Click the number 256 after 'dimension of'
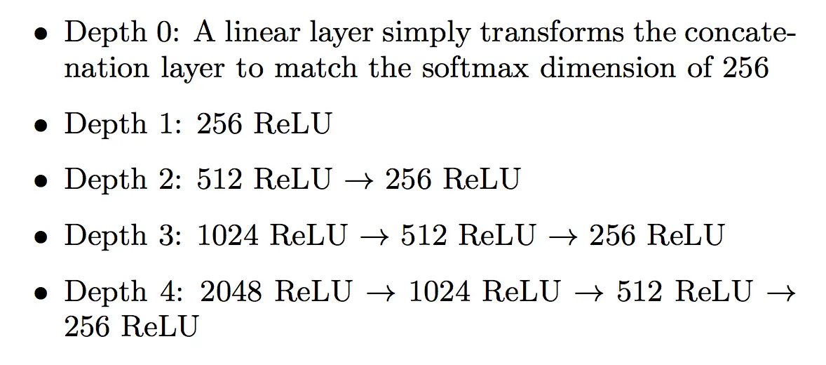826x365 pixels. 745,69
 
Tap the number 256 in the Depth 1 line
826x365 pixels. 219,124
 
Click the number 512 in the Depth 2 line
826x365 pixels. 219,180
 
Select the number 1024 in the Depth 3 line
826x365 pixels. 228,236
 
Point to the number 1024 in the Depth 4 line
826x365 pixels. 438,291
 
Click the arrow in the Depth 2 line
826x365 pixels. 358,180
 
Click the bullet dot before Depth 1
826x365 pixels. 43,127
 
